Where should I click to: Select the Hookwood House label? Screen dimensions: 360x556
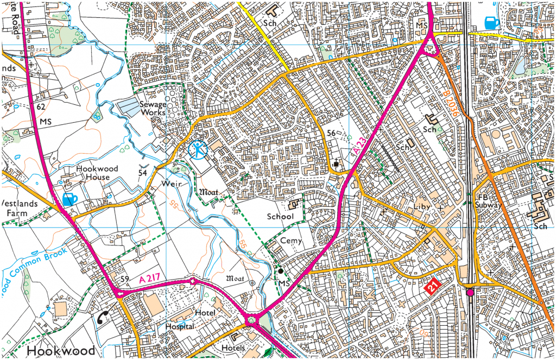(93, 173)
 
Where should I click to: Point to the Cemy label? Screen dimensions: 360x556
(291, 241)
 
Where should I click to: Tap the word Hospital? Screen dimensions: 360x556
(180, 326)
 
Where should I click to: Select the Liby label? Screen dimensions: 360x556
(421, 207)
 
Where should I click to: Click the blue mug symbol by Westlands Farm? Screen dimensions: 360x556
(69, 199)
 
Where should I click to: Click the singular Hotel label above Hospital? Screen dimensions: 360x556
(205, 313)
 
